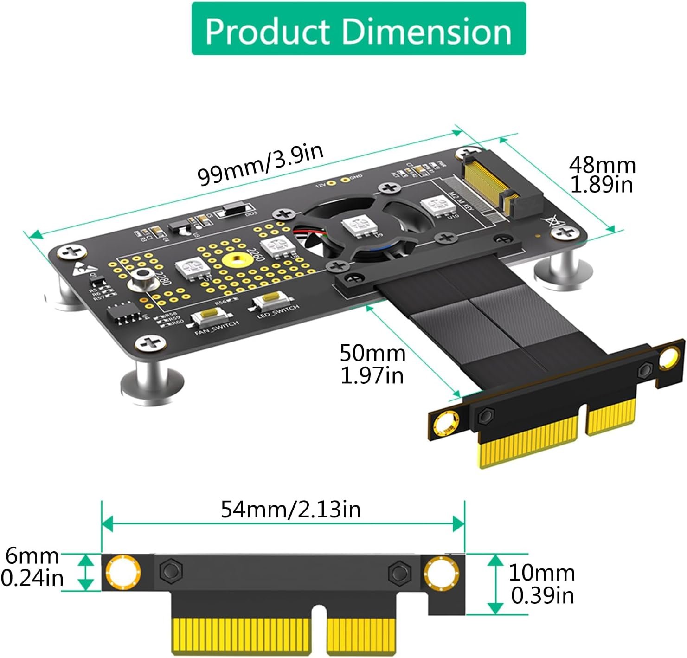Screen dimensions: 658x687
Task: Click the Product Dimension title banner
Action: (358, 29)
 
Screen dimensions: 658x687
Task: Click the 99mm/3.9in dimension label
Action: (260, 164)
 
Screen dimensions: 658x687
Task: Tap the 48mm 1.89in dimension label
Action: (602, 174)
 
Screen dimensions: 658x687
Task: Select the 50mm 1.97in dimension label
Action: (372, 364)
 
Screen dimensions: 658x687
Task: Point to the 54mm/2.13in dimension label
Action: (290, 509)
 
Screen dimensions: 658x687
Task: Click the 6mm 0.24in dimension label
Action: (32, 567)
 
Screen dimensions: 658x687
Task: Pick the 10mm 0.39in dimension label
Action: (542, 584)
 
